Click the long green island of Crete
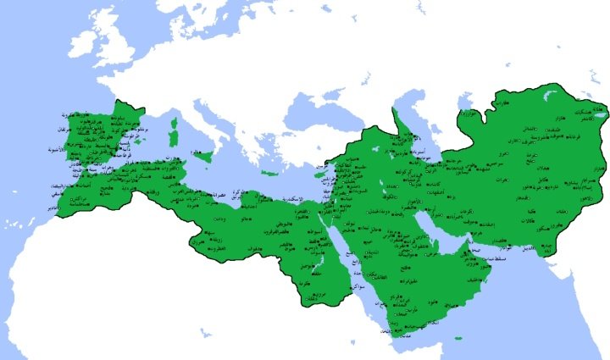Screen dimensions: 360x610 pyautogui.click(x=270, y=174)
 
